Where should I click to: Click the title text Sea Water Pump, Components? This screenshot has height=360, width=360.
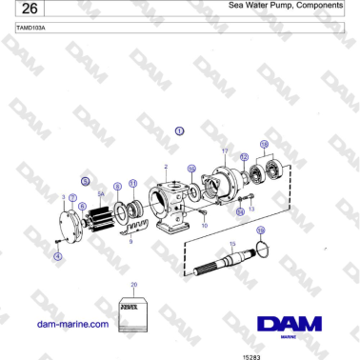[x=286, y=6]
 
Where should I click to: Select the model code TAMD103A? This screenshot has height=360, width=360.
[x=31, y=29]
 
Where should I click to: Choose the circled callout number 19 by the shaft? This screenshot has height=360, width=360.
[x=261, y=230]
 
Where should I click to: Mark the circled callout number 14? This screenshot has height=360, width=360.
[x=240, y=210]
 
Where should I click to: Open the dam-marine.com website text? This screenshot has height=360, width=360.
[x=71, y=324]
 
